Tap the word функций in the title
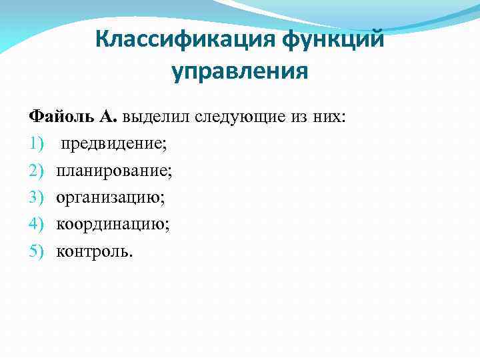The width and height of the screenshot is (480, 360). tap(334, 39)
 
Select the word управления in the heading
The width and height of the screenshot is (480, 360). tap(240, 71)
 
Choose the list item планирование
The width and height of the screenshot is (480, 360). tap(114, 171)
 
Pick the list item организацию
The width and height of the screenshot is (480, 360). tap(111, 198)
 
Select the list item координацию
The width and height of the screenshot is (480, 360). tap(113, 225)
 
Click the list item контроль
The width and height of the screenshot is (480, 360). tap(93, 251)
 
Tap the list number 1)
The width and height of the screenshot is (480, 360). tap(35, 144)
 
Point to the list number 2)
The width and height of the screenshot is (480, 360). tap(35, 171)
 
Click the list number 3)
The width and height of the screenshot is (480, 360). tap(35, 198)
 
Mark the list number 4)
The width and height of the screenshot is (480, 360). tap(35, 225)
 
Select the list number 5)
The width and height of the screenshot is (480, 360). tap(35, 251)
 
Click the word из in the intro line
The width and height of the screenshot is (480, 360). tap(298, 117)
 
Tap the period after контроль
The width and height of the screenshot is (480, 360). tap(131, 255)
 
